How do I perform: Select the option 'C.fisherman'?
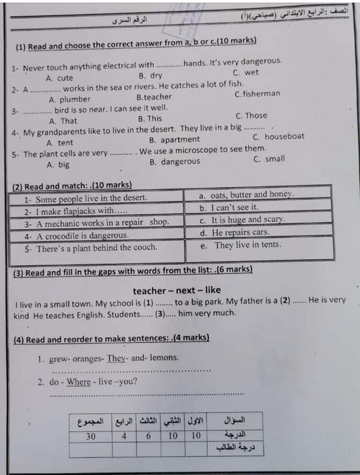click(258, 94)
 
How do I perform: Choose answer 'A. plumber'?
click(69, 99)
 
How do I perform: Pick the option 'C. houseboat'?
click(278, 137)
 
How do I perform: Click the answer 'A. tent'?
click(59, 142)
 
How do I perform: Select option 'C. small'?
click(269, 159)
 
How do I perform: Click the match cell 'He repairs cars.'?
click(234, 232)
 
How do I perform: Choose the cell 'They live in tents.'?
click(242, 245)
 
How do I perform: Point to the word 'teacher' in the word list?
click(149, 290)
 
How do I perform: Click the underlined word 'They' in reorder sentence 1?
click(117, 358)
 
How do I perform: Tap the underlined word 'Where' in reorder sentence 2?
click(79, 382)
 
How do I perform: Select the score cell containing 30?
click(90, 436)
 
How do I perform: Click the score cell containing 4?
click(124, 436)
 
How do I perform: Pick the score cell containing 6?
click(148, 436)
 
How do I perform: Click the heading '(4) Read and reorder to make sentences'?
click(111, 339)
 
